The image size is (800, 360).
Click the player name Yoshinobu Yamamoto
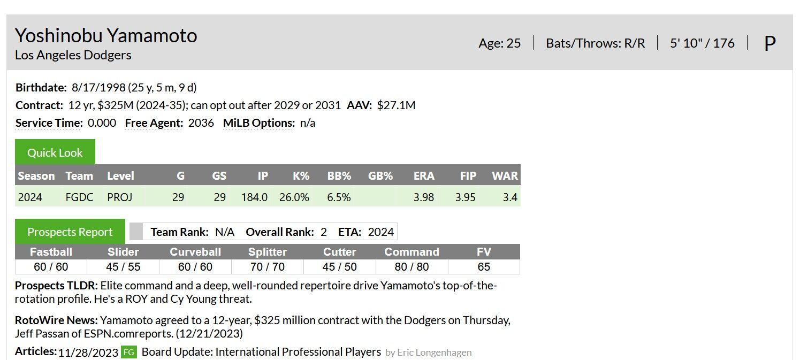click(x=106, y=36)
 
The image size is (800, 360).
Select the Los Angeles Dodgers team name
click(x=73, y=55)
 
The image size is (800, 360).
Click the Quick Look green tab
click(x=55, y=152)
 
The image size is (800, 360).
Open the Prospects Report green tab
click(x=70, y=232)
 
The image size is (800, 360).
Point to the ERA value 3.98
click(x=423, y=197)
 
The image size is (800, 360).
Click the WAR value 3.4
click(x=510, y=197)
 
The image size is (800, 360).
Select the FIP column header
click(x=468, y=176)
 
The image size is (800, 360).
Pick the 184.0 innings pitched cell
click(x=254, y=197)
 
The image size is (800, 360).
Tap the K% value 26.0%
click(x=294, y=197)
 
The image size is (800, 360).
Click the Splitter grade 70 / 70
click(x=268, y=266)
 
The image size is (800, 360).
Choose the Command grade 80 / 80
click(x=412, y=266)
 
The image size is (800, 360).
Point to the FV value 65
click(x=484, y=266)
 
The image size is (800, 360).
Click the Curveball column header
click(x=195, y=252)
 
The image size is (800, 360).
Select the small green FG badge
click(x=128, y=352)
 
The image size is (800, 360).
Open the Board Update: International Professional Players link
click(x=261, y=352)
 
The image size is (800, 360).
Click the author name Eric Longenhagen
click(x=435, y=353)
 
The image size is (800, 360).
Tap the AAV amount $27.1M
click(x=396, y=105)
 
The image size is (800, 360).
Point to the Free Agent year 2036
click(x=201, y=123)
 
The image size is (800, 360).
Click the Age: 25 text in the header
click(x=499, y=43)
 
